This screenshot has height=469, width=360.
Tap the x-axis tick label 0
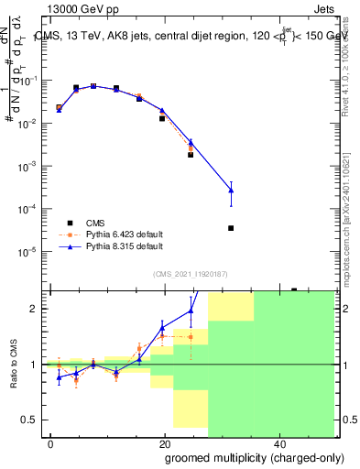pyautogui.click(x=51, y=443)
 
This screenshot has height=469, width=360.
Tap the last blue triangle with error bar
pyautogui.click(x=231, y=190)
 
